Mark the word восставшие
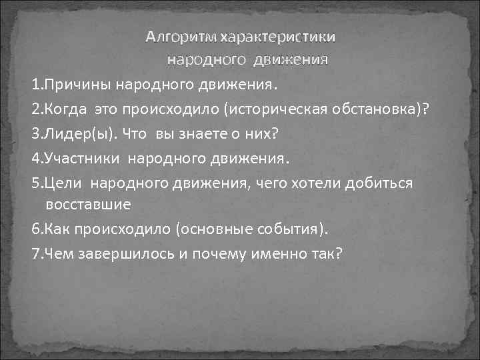[89, 202]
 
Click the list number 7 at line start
[35, 254]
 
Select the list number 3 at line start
[35, 133]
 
